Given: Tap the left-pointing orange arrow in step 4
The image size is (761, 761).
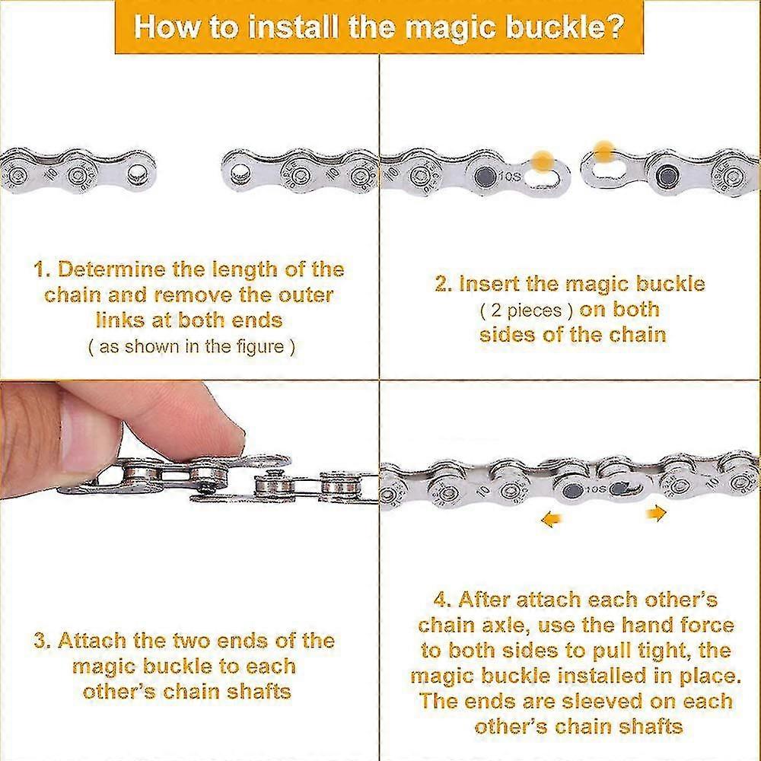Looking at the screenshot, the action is [552, 520].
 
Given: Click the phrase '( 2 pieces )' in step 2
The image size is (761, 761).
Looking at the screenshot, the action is [526, 310].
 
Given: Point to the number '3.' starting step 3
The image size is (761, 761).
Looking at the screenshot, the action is [43, 641].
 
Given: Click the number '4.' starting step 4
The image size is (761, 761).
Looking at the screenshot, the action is [443, 600].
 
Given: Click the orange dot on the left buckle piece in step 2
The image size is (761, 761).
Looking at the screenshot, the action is [543, 160].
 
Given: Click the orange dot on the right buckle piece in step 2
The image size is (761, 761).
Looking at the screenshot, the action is [603, 151].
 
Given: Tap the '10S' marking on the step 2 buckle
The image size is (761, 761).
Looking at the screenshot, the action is [510, 177].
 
